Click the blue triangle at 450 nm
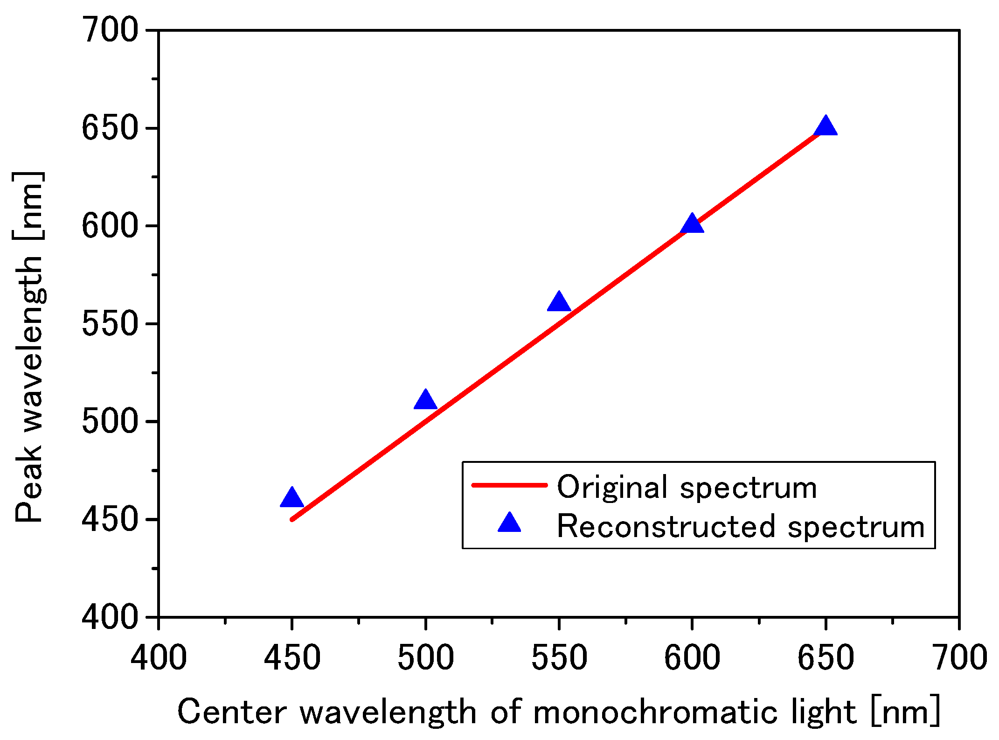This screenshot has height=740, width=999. click(x=292, y=498)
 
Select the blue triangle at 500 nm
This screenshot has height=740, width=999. click(x=425, y=400)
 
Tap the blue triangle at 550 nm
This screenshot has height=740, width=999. click(x=559, y=302)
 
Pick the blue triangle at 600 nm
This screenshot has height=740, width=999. click(x=692, y=224)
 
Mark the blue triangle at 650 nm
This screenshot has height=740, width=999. click(x=826, y=126)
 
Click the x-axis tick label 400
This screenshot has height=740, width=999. click(x=159, y=658)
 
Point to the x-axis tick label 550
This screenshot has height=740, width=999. click(x=559, y=658)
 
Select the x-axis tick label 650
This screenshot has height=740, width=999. click(x=826, y=658)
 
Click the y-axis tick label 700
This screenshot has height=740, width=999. click(x=110, y=30)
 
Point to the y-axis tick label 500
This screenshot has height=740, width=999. click(x=110, y=421)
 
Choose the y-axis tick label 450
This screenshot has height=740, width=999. click(x=110, y=519)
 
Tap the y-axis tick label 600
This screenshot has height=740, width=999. click(x=110, y=226)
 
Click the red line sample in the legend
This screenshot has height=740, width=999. click(x=509, y=485)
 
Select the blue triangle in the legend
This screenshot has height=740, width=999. click(x=509, y=524)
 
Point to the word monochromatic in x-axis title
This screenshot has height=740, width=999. click(x=655, y=712)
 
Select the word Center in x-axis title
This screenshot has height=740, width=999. click(x=231, y=712)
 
